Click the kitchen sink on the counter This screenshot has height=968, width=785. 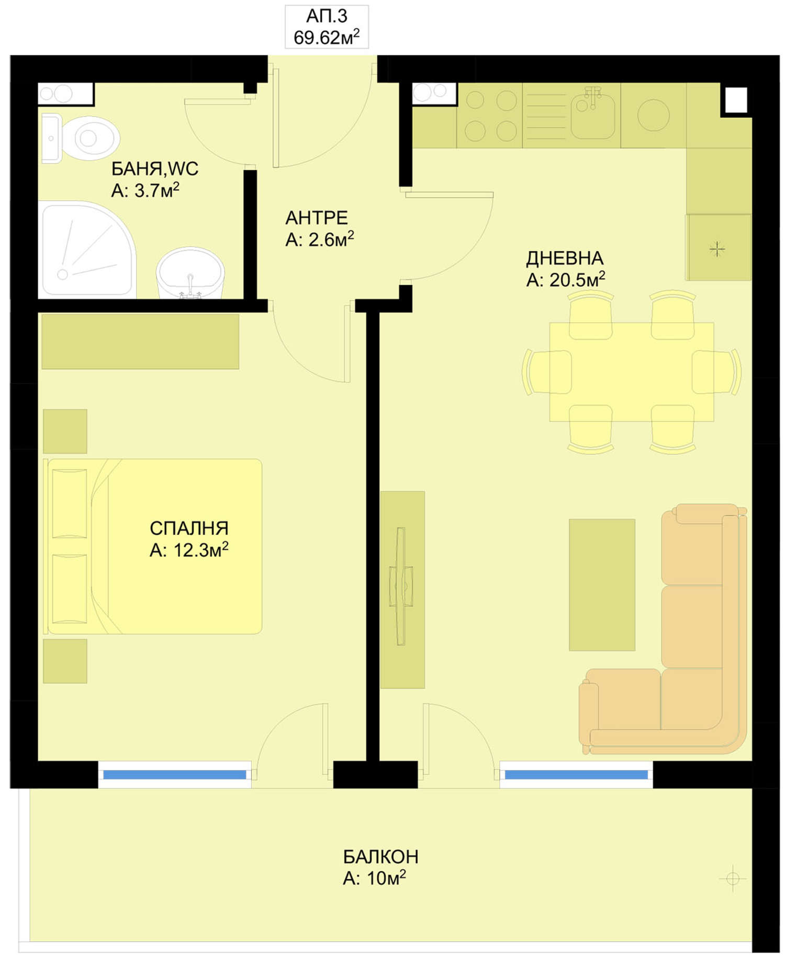593,114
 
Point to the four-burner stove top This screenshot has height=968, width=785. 490,116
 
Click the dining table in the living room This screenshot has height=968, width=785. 632,372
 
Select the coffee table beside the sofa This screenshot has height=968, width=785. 602,584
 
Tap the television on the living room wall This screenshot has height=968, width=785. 401,586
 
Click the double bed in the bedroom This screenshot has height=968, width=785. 153,546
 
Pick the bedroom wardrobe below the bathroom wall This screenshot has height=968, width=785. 140,341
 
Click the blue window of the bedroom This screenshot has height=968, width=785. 175,774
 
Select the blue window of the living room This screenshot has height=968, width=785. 576,774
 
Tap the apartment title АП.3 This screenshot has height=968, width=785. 327,16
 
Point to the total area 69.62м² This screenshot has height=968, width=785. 327,37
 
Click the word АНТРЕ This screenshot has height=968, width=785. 317,217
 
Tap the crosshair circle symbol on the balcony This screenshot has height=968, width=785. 733,879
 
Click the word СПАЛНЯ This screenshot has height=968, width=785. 189,528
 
